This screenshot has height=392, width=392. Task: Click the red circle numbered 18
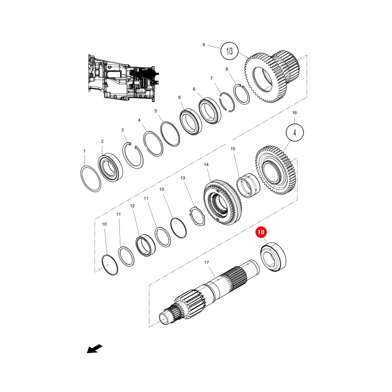point(261,232)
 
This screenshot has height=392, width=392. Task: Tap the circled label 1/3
point(230,51)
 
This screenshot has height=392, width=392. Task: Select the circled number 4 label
point(295,132)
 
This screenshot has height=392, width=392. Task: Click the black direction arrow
point(95,349)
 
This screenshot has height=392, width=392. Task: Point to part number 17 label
point(206,263)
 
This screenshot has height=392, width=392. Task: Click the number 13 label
point(183,178)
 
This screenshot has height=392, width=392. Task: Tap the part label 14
point(206,165)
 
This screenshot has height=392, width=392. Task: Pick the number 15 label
point(233,149)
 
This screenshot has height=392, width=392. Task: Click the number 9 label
point(203,45)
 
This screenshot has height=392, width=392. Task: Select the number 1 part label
point(84,151)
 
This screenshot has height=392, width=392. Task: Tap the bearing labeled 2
point(110,167)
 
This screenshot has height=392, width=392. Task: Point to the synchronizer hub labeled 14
point(223,202)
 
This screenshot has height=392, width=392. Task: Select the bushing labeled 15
point(248,185)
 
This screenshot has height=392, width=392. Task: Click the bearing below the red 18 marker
point(273,257)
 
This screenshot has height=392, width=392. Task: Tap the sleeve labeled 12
point(145,245)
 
